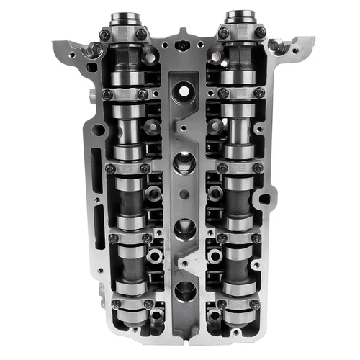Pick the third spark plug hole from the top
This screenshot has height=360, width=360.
[x=183, y=226]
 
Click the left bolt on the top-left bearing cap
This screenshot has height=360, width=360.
[x=104, y=35]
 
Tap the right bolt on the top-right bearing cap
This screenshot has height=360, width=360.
[x=259, y=32]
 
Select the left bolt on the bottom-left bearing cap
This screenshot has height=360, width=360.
[x=114, y=305]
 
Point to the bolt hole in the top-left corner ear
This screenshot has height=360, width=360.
[x=94, y=49]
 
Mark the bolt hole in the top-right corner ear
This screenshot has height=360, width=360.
[x=274, y=45]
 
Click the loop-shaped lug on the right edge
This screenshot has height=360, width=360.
[x=268, y=197]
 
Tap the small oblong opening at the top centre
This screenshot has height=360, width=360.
[x=184, y=45]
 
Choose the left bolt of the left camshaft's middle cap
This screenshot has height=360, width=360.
[x=110, y=168]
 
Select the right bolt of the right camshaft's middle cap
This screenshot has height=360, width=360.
[x=258, y=168]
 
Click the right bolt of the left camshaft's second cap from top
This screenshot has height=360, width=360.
[x=143, y=94]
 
